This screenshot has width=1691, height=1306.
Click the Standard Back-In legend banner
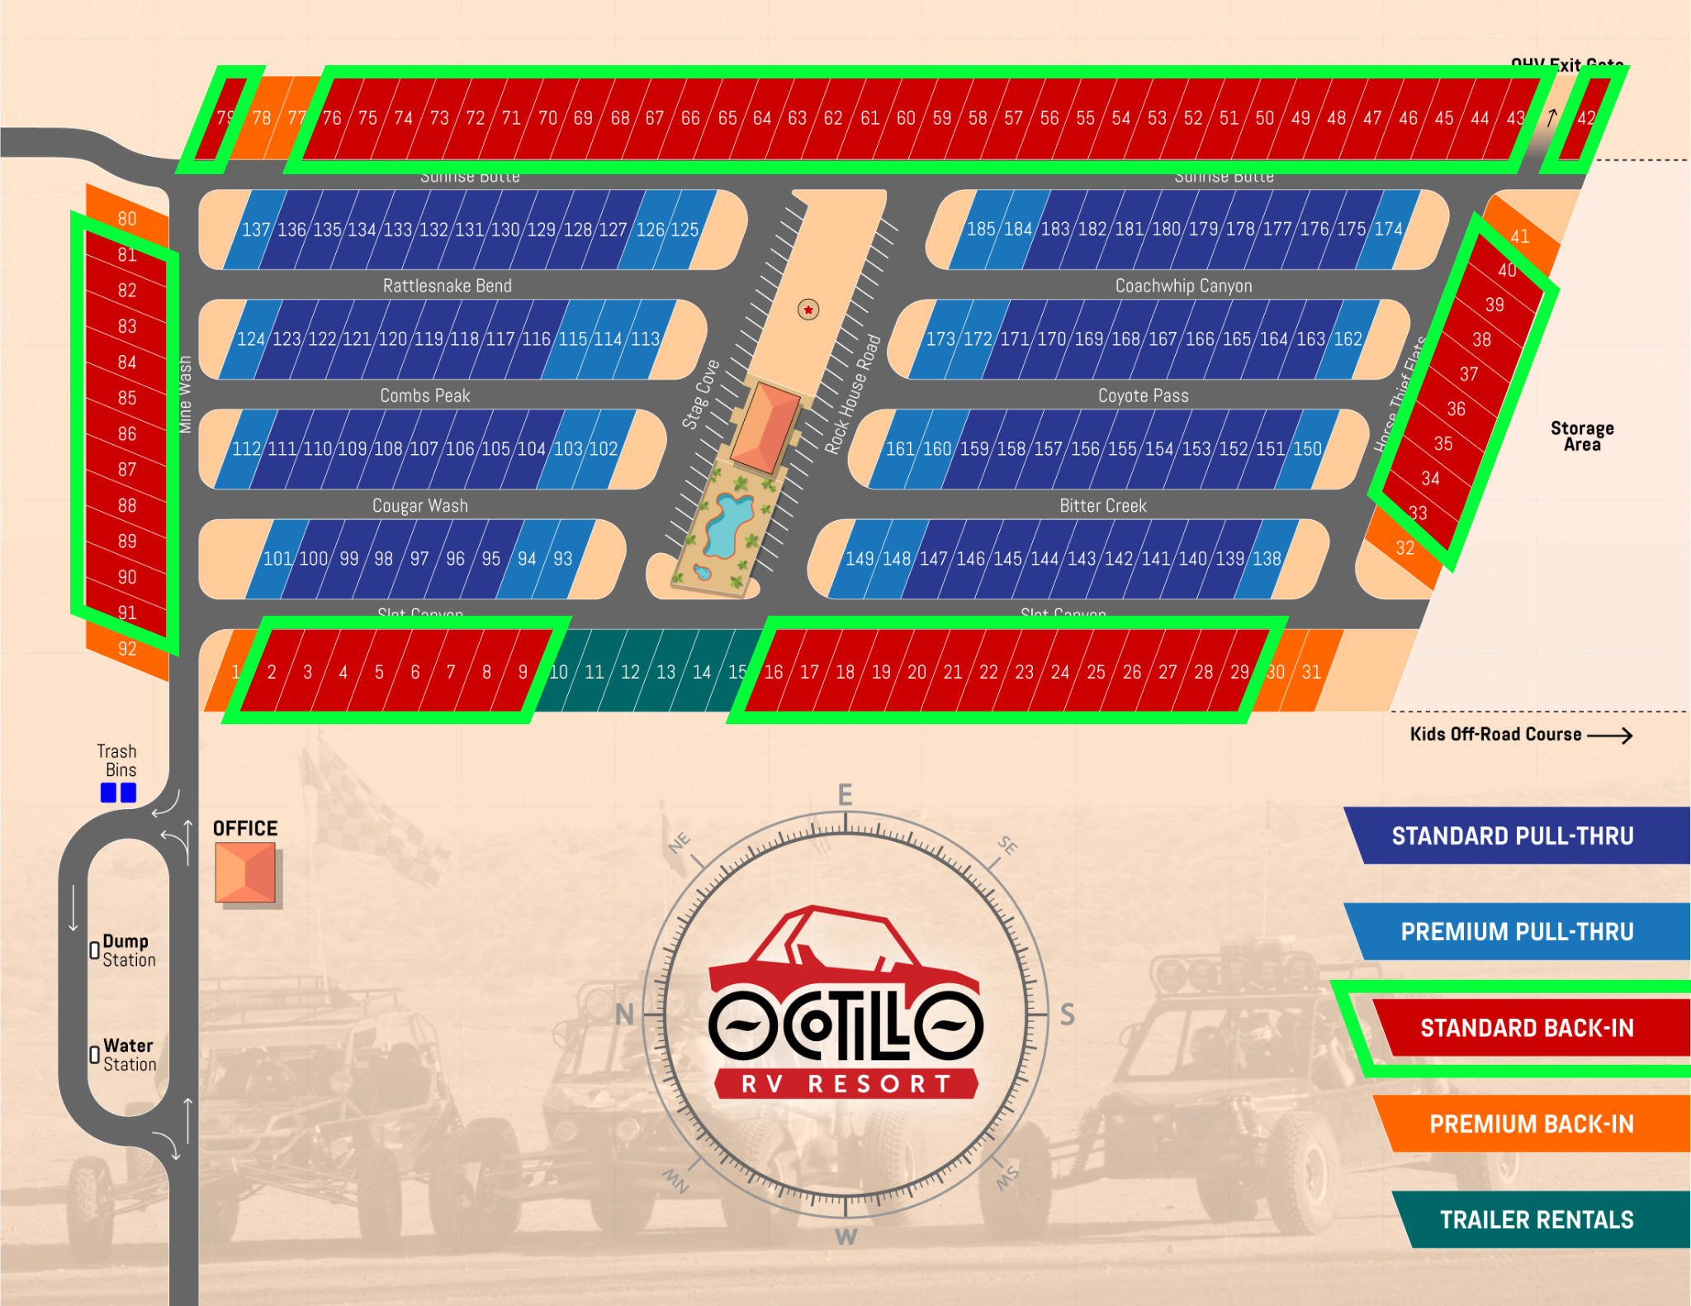click(x=1526, y=1028)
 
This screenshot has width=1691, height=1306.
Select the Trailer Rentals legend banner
click(x=1536, y=1219)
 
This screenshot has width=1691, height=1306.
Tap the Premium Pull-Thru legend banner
click(x=1517, y=931)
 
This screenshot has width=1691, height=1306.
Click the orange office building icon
click(x=245, y=873)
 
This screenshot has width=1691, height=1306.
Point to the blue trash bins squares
click(x=118, y=793)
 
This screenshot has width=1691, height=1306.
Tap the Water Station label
click(x=129, y=1055)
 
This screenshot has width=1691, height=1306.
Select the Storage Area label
click(x=1581, y=436)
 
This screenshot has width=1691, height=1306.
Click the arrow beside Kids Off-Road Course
click(x=1609, y=735)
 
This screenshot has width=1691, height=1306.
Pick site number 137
click(x=255, y=229)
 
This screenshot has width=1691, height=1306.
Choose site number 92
click(x=127, y=649)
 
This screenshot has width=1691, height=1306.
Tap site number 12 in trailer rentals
click(x=630, y=672)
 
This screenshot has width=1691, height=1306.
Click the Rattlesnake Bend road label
click(x=447, y=286)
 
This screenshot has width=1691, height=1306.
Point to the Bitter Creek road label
click(x=1102, y=505)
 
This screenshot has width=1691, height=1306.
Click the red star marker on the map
click(x=808, y=310)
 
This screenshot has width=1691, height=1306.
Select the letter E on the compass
click(x=845, y=795)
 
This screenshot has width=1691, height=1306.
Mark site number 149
click(x=859, y=559)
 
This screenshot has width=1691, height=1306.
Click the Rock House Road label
click(x=853, y=394)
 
